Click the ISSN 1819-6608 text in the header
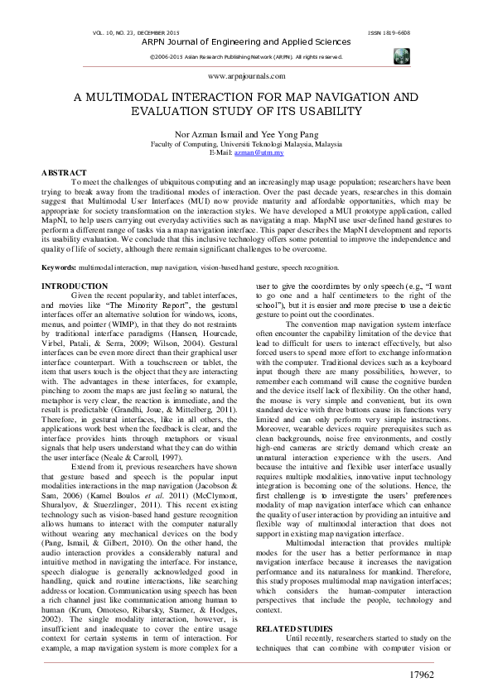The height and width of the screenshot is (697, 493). coord(388,33)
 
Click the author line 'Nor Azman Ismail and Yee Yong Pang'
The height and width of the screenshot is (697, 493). coord(246,135)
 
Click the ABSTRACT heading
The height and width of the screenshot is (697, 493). coord(64,172)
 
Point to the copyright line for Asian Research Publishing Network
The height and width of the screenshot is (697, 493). coord(246,56)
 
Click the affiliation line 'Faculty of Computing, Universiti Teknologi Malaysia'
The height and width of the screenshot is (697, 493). coord(246,144)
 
